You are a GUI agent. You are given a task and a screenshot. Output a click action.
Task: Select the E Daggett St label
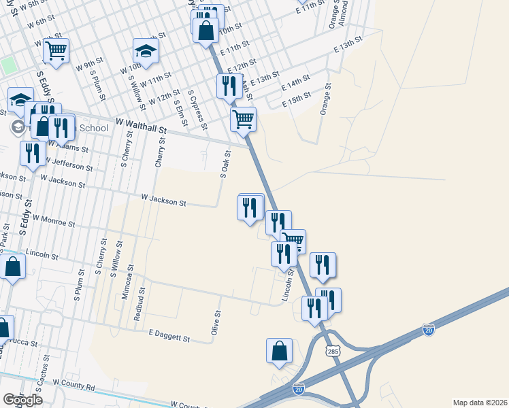click(x=168, y=337)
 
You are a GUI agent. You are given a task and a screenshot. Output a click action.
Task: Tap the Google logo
click(x=22, y=400)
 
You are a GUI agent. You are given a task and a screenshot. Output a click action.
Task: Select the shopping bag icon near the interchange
click(x=280, y=351)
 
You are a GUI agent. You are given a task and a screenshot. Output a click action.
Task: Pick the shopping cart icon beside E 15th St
click(x=243, y=120)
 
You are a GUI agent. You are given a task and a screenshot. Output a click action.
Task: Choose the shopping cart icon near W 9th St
click(x=56, y=50)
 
